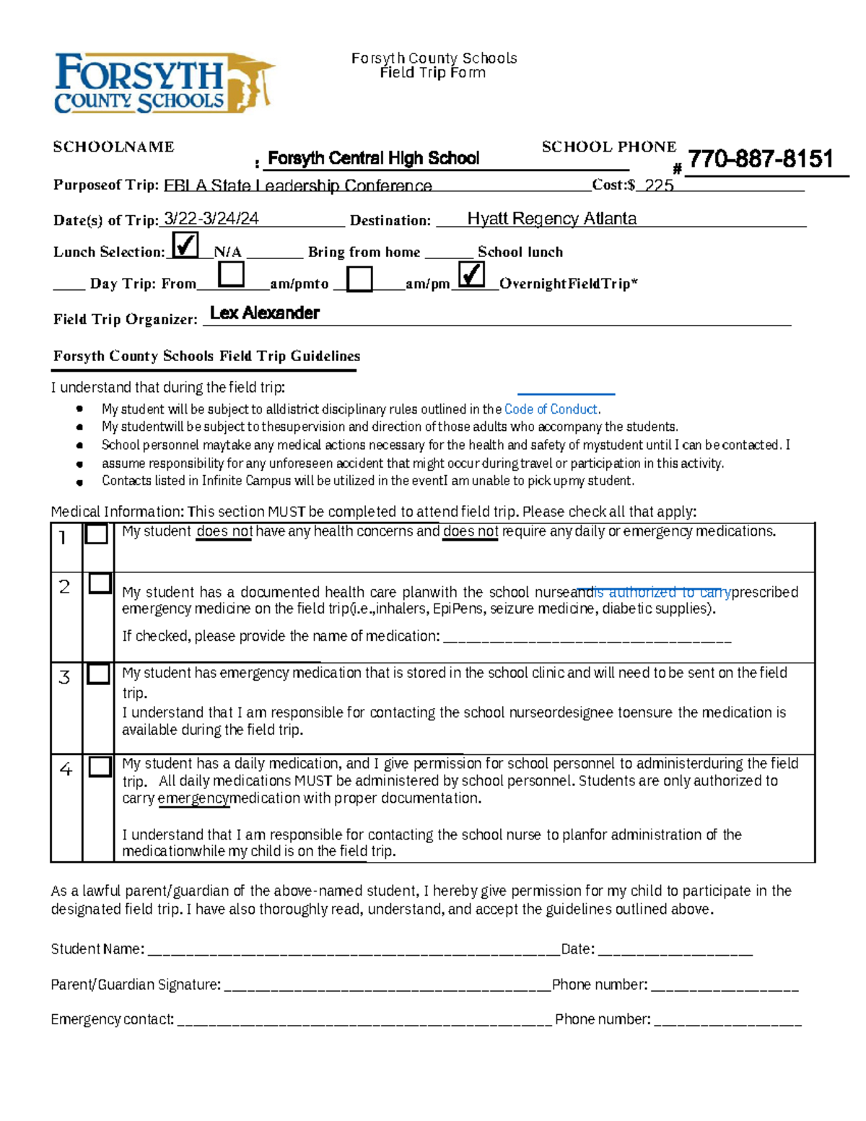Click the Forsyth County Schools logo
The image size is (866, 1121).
coord(164,84)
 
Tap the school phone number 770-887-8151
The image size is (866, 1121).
coord(761,159)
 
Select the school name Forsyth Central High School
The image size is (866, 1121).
coord(373,158)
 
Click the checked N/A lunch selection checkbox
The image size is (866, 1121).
coord(185,245)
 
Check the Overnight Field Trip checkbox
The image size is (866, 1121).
coord(471,275)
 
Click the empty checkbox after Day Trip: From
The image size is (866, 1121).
coord(231,275)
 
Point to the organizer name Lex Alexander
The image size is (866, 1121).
coord(265,313)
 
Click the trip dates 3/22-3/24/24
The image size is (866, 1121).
coord(211,219)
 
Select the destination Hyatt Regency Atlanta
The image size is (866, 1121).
coord(551,219)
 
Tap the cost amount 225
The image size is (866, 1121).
coord(659,186)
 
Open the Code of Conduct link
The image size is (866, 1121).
coord(551,409)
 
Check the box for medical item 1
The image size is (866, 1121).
coord(97,534)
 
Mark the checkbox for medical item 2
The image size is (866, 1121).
coord(100,583)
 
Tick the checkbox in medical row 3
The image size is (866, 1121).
coord(98,674)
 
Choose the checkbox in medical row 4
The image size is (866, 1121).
coord(100,767)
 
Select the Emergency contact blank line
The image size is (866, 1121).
coord(364,1020)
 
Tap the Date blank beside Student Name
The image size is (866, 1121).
coord(675,950)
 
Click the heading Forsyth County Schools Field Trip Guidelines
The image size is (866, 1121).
coord(206,356)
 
